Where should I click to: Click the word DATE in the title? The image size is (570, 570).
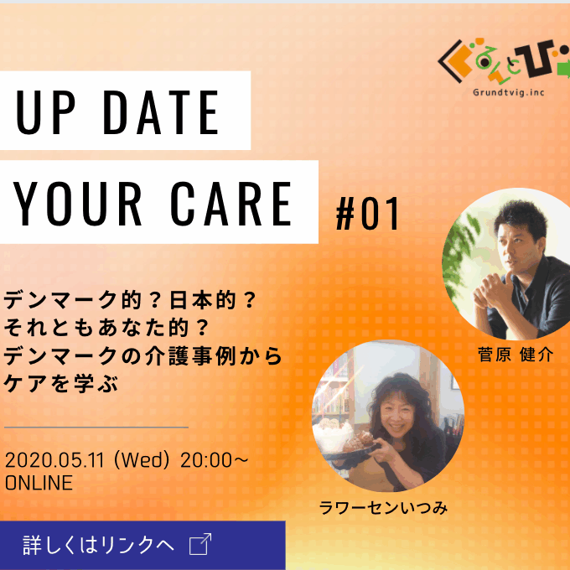(x=161, y=112)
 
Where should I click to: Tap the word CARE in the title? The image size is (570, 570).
(x=231, y=203)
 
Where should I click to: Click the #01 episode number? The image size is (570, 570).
(x=367, y=214)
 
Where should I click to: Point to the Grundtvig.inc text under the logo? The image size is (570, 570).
(x=509, y=92)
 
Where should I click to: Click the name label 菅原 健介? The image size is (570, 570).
(x=516, y=355)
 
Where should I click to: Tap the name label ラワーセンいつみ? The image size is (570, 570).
(x=383, y=508)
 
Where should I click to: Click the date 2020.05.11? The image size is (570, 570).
(x=54, y=460)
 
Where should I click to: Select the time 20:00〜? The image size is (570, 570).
(x=215, y=460)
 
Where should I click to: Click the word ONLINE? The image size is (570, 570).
(x=39, y=483)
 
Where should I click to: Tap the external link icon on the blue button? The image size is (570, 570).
(x=200, y=544)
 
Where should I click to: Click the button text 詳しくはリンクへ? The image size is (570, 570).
(x=98, y=545)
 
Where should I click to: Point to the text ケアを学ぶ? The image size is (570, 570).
(x=61, y=384)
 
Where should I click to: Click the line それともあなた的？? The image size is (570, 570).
(x=107, y=328)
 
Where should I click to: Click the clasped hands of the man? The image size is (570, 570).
(x=493, y=291)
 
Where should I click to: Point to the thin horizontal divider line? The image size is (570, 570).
(x=96, y=427)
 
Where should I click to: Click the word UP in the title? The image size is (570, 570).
(x=45, y=112)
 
